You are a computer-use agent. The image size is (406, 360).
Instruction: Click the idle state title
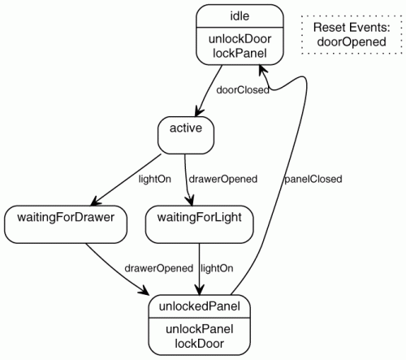pos(240,16)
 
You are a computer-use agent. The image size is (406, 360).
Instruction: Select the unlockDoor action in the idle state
pos(240,39)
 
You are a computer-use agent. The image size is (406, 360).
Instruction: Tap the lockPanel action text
pos(240,53)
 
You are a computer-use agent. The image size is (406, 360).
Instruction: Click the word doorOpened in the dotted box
pos(352,41)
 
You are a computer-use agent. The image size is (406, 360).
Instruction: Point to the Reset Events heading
pos(352,28)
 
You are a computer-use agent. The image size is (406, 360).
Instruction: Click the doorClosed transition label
pos(243,90)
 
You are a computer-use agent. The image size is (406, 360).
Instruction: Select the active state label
pos(186,128)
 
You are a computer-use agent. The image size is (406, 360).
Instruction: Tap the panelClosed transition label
pos(313,179)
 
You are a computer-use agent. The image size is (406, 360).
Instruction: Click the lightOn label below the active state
pos(155,179)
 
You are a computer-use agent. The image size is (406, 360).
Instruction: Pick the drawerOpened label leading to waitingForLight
pos(223,179)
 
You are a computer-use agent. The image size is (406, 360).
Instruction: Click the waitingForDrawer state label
pos(66,218)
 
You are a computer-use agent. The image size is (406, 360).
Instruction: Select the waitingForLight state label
pos(200,218)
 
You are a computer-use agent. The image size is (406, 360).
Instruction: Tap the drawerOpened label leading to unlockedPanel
pos(159,268)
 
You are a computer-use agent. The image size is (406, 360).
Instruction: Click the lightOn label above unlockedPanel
pos(217,268)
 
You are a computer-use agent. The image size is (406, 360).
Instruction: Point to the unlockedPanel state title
pos(200,306)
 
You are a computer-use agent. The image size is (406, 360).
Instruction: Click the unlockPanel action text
pos(200,329)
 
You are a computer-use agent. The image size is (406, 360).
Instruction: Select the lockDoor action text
pos(200,344)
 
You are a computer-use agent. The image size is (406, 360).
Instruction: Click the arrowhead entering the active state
pos(199,112)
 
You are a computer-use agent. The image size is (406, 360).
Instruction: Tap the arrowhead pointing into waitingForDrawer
pos(95,202)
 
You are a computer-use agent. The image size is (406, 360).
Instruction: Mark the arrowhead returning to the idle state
pos(262,69)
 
